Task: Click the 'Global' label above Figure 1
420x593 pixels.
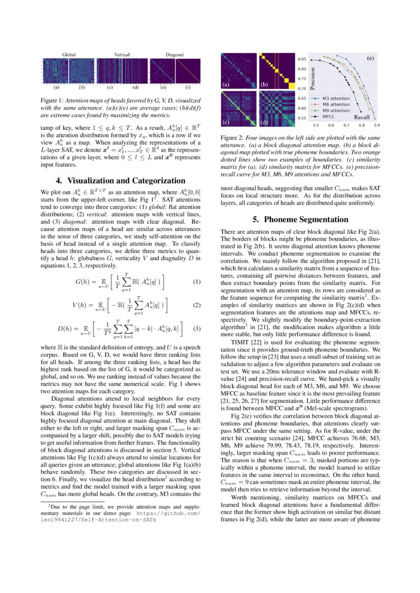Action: tap(69, 54)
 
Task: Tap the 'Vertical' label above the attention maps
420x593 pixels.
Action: tap(122, 54)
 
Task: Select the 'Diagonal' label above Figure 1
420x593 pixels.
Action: tap(175, 54)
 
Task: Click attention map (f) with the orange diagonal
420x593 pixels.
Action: tap(188, 71)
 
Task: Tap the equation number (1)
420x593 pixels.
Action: tap(197, 282)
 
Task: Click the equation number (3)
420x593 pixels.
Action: tap(197, 329)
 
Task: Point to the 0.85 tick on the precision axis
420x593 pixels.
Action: tap(302, 59)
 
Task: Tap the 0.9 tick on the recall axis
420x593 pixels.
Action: tap(377, 125)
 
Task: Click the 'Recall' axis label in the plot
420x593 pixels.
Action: tap(362, 117)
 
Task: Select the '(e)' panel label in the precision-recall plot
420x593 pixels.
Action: tap(370, 58)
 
